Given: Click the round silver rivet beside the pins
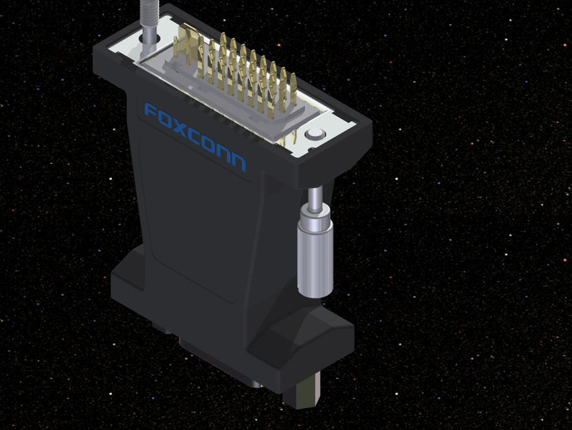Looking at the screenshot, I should tap(313, 134).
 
